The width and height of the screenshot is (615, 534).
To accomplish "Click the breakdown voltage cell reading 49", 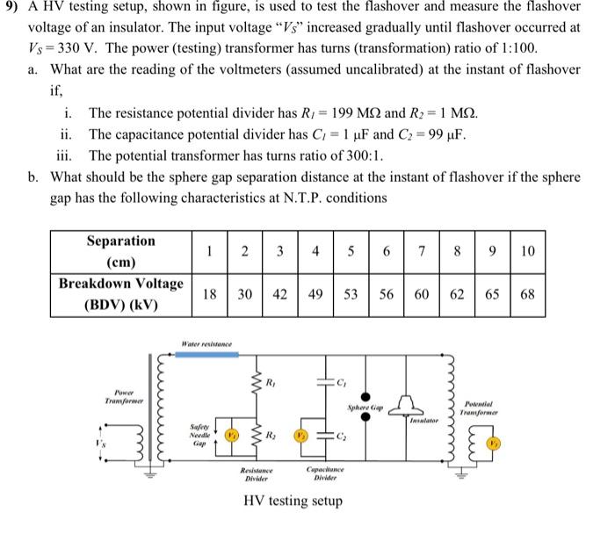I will tap(315, 293).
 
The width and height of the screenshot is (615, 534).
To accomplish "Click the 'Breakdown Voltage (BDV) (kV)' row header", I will tap(121, 293).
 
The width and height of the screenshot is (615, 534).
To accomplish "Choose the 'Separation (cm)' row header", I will tap(121, 251).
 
